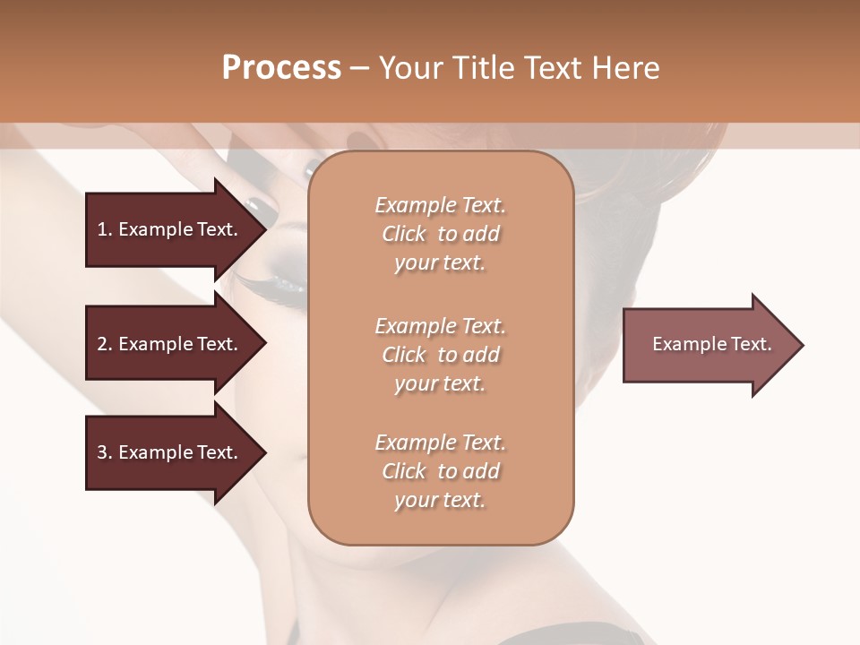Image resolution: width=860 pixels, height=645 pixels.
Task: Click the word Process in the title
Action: [281, 68]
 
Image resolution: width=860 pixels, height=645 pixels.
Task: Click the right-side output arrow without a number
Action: [708, 345]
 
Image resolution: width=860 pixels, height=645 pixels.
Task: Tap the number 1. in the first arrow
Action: [104, 229]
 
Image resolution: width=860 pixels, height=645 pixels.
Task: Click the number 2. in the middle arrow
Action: [104, 344]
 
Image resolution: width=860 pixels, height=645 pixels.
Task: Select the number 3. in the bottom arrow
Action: [104, 452]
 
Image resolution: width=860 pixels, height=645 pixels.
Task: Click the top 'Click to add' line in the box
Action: [440, 234]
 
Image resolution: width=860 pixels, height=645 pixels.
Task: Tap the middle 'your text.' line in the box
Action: [440, 383]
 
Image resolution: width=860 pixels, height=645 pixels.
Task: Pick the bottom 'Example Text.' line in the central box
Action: [440, 443]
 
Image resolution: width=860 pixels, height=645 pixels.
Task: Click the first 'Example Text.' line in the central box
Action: [440, 205]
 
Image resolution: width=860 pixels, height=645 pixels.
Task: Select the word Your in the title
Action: [411, 68]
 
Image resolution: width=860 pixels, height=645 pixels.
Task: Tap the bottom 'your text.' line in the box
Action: [440, 500]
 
